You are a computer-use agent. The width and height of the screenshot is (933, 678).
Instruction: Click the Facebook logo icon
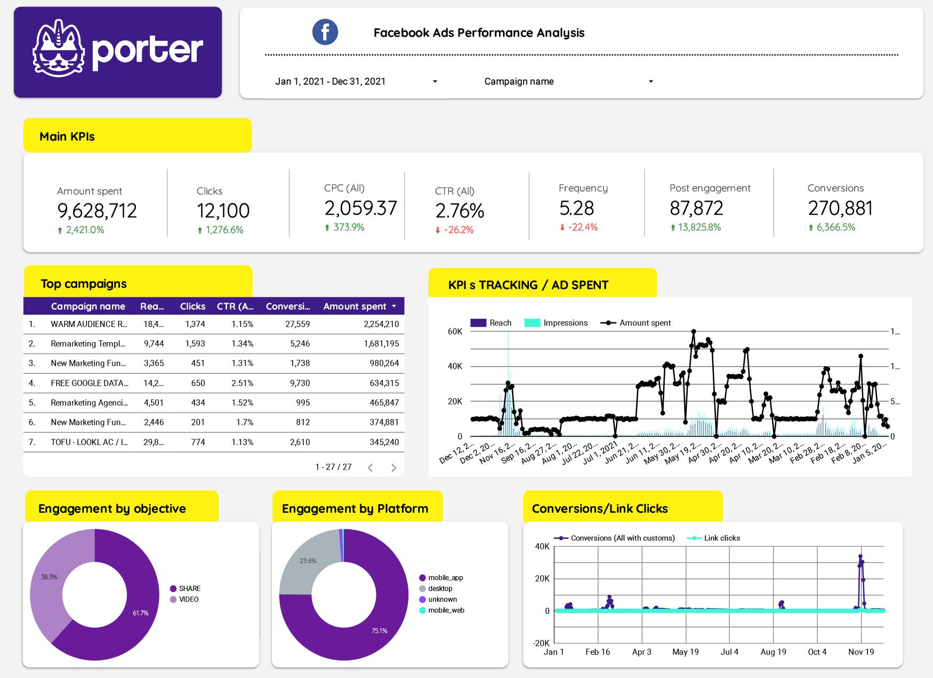point(325,32)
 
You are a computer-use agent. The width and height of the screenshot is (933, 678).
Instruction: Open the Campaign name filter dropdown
point(568,82)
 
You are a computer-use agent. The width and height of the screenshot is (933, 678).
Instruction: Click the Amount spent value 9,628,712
point(97,211)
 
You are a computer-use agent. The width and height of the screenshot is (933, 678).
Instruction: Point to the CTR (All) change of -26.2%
point(458,230)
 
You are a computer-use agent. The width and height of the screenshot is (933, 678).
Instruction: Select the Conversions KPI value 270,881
point(840,208)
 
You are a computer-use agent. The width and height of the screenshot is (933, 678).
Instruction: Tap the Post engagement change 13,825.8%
point(698,228)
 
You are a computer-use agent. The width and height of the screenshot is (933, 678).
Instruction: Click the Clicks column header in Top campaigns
point(192,306)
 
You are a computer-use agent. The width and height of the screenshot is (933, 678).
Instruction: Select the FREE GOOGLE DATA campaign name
point(89,383)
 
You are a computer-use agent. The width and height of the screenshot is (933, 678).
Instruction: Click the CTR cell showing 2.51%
point(242,383)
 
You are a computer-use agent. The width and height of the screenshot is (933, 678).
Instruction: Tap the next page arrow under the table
point(393,467)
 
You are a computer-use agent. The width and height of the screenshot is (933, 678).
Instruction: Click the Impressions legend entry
point(565,323)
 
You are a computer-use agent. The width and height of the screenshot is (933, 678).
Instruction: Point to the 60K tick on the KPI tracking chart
point(455,332)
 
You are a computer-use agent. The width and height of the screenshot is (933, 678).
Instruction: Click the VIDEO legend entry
point(188,600)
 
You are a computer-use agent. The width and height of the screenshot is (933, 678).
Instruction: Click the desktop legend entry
point(440,589)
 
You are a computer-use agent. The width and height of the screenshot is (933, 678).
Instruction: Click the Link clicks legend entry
point(721,538)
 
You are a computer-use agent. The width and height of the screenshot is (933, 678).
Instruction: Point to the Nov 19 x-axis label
point(860,652)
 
